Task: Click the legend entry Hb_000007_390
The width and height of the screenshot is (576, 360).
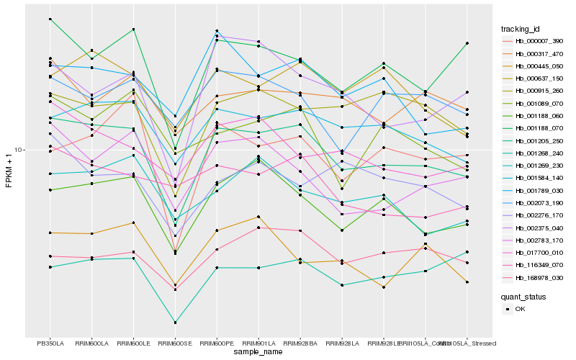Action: [539, 41]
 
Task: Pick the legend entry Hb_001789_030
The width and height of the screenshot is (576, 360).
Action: [539, 190]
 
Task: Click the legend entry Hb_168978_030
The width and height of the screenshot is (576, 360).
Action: [539, 277]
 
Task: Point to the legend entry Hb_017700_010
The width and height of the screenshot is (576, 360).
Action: [539, 253]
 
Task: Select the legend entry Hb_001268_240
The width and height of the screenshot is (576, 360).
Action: [539, 153]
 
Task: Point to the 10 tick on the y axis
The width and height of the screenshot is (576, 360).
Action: [20, 150]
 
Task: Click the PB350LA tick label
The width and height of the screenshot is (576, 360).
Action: [50, 343]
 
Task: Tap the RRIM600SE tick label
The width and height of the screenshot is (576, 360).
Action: [175, 343]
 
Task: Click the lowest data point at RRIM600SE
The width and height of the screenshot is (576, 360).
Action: [175, 323]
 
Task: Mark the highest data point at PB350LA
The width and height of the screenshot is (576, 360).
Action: [50, 19]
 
